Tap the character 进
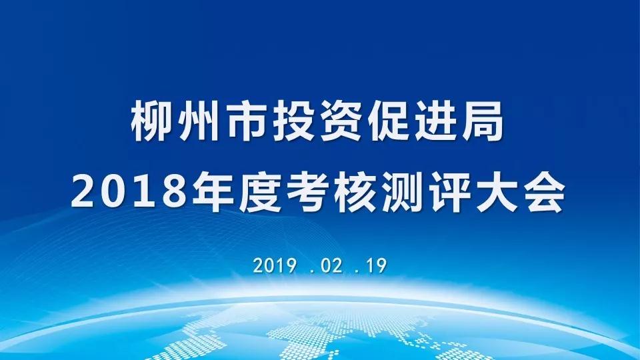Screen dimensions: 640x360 click(x=436, y=121)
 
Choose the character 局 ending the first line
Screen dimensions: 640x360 click(x=484, y=121)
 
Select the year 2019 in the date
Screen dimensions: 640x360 click(x=274, y=266)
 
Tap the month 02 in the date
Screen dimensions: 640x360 click(x=331, y=266)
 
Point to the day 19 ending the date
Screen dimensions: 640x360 click(x=376, y=266)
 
